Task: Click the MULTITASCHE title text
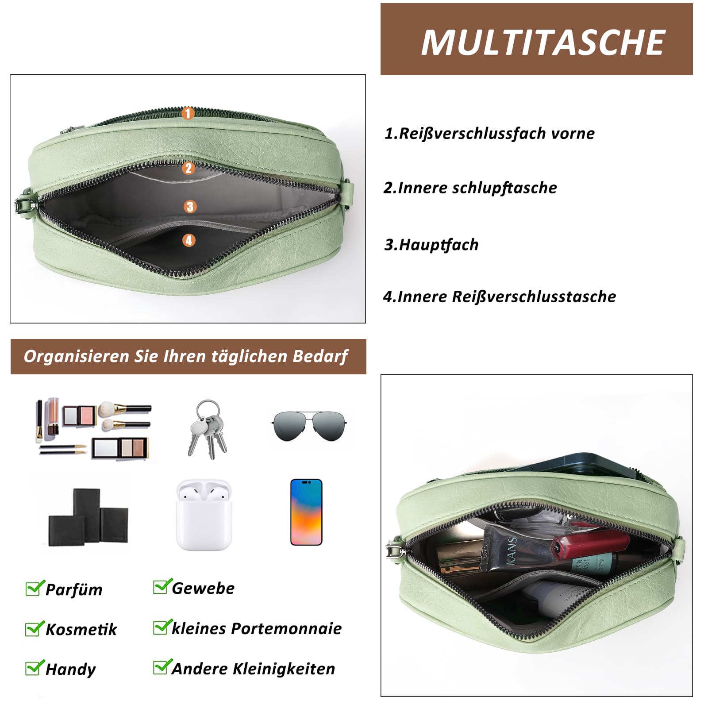[x=543, y=42]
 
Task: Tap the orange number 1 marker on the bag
[x=188, y=113]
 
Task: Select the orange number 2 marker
[x=189, y=168]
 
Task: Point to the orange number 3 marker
[x=190, y=207]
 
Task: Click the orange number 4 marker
[x=189, y=240]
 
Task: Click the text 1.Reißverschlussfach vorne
[x=489, y=134]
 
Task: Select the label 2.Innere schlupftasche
[x=470, y=188]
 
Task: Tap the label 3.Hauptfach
[x=431, y=245]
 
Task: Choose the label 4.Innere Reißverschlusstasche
[x=500, y=297]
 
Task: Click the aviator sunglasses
[x=309, y=426]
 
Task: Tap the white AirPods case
[x=204, y=515]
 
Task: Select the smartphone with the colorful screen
[x=306, y=512]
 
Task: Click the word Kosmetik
[x=81, y=629]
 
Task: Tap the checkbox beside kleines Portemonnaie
[x=162, y=627]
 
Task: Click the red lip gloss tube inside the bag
[x=591, y=546]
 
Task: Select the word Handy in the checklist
[x=70, y=669]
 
